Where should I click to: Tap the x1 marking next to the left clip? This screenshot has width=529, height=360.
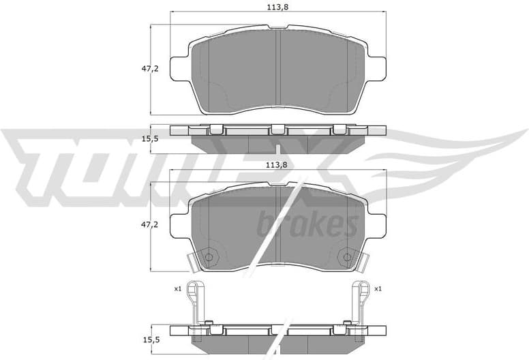point(177,289)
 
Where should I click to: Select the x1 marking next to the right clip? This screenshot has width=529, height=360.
point(377,289)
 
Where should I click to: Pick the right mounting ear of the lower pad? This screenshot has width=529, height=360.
point(376,224)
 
